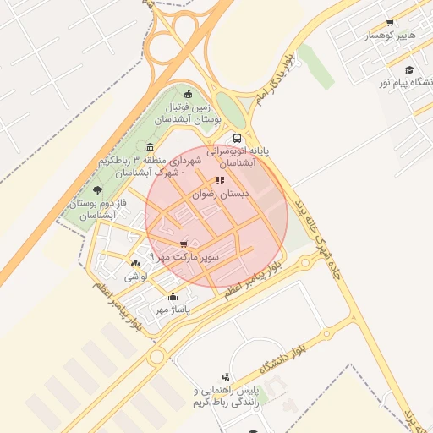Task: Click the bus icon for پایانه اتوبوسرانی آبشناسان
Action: click(236, 137)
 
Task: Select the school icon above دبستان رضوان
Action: click(220, 180)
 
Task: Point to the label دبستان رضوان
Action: click(221, 194)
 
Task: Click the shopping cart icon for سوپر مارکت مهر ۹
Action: click(184, 244)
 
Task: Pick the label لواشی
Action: click(136, 276)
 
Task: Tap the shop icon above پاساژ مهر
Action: click(173, 297)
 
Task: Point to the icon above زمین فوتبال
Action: click(187, 95)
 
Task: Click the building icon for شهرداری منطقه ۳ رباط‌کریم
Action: click(150, 147)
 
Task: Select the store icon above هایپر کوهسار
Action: click(389, 23)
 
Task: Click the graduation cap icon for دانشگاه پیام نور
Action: click(409, 69)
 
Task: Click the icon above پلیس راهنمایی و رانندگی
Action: click(225, 377)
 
